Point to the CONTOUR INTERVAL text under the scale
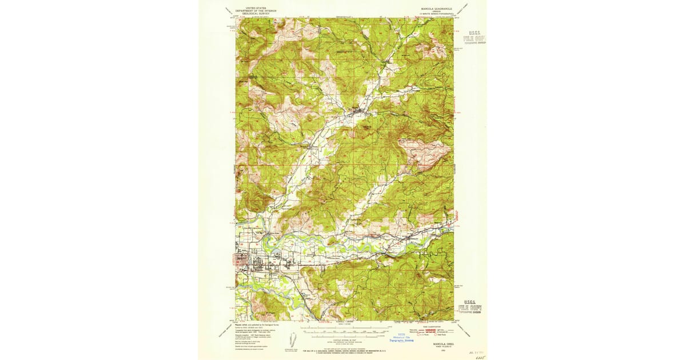pyautogui.click(x=344, y=340)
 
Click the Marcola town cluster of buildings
pyautogui.click(x=358, y=110)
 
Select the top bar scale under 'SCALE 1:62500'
pyautogui.click(x=344, y=329)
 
